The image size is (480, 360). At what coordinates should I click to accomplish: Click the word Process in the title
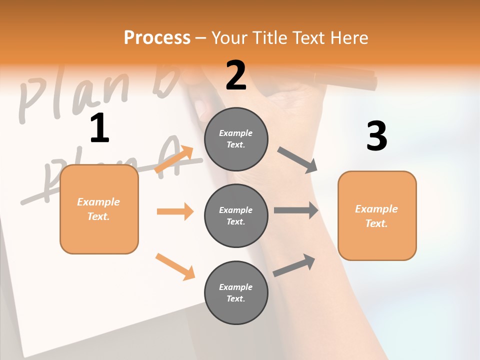point(157,38)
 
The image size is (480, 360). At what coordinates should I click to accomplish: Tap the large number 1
point(99,128)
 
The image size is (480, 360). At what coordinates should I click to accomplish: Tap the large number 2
point(236,75)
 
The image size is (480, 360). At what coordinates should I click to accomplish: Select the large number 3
point(376,136)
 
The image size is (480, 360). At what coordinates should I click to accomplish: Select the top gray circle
point(236,139)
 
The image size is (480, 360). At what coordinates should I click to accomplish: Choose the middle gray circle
point(236,215)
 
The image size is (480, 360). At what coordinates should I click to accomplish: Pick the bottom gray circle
point(236,292)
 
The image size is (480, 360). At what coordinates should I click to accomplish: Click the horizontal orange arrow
point(175,211)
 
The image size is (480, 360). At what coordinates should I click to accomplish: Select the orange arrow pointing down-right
point(175,266)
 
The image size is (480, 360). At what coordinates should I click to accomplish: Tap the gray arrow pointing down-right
point(297,160)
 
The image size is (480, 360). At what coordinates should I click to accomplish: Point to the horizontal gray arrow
point(296,210)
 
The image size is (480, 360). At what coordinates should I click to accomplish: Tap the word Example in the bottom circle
point(235,287)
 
